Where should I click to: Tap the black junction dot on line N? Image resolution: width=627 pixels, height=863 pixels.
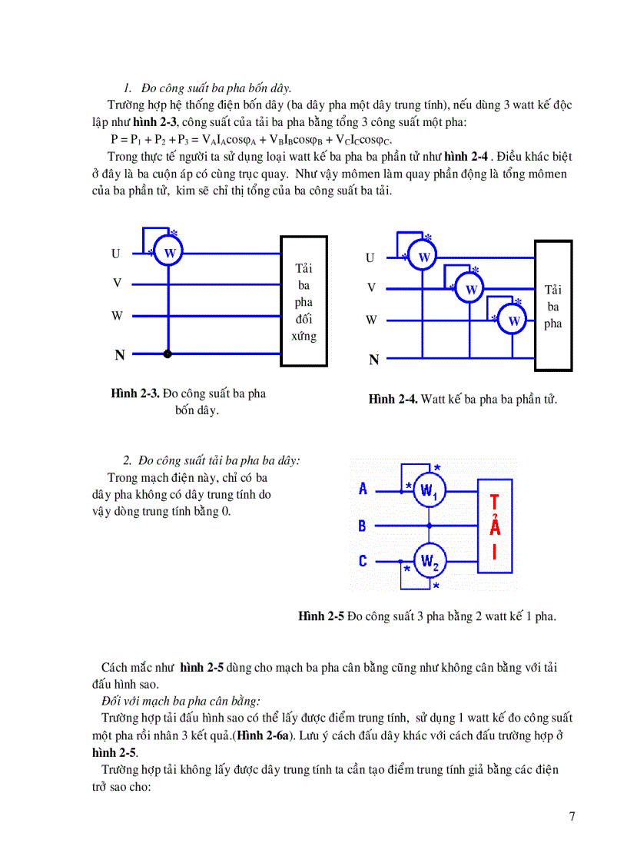point(168,354)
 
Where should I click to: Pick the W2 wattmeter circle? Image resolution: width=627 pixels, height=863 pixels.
point(430,562)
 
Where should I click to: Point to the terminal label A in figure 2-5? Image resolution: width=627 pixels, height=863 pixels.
point(363,489)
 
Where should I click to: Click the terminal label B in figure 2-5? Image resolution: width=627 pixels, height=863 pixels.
point(363,526)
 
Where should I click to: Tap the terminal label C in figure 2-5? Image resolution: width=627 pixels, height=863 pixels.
point(363,562)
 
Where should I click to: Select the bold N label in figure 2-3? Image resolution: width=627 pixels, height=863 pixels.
point(119,355)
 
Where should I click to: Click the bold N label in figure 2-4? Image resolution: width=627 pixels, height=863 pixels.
point(374,360)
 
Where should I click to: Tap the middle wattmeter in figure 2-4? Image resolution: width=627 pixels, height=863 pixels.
point(471,289)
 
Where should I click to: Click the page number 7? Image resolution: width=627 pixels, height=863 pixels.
point(572,816)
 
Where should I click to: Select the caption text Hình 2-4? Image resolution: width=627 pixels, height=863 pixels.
point(393,400)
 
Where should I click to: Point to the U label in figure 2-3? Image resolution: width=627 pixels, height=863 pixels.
point(116,254)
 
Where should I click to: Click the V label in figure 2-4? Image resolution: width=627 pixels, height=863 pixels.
point(371,288)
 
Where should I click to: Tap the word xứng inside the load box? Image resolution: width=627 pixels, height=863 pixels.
point(304,337)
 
